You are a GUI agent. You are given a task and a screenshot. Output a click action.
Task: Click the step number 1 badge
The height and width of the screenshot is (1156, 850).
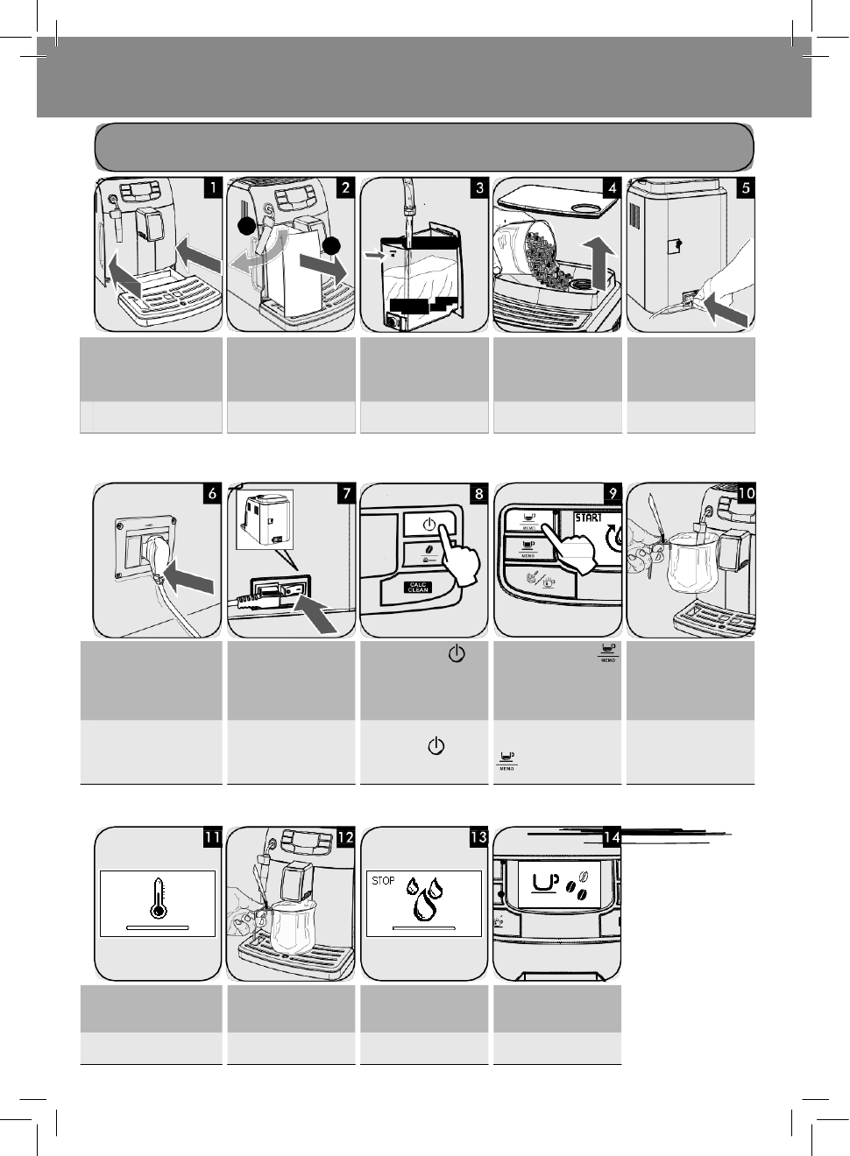(212, 187)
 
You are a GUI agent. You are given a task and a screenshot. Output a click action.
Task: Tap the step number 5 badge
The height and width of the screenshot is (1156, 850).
(746, 187)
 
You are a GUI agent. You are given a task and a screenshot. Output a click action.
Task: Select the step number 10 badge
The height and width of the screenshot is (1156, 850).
(746, 493)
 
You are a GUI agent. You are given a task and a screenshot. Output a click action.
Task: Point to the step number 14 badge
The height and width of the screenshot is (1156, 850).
(612, 837)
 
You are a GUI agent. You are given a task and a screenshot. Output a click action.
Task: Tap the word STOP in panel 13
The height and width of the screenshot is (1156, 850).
(383, 880)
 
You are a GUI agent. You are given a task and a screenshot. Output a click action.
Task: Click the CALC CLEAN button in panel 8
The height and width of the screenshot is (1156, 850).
(418, 587)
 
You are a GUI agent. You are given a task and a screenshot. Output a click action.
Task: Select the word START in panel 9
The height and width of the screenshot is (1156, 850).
(588, 518)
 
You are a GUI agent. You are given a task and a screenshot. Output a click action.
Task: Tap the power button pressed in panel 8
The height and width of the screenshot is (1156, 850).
(429, 525)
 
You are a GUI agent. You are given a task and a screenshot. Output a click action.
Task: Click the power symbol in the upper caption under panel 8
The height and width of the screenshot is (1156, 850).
(457, 653)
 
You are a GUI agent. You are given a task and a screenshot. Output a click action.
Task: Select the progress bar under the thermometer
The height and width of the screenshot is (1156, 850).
(158, 926)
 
